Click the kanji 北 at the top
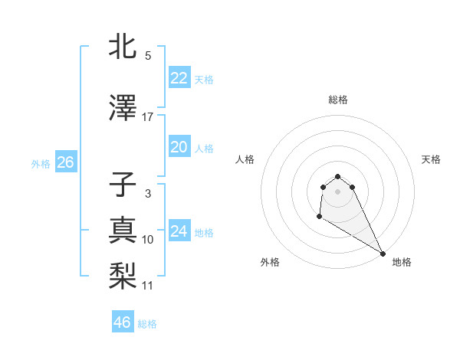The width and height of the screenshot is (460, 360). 123,46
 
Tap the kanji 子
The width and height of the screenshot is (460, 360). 123,186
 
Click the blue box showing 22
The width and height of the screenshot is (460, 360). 179,78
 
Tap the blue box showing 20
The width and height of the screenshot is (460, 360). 179,147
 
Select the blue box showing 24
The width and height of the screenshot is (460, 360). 179,231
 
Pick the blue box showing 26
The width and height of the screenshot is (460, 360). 65,162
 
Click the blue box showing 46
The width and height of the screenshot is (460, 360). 122,322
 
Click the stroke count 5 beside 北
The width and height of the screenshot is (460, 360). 147,55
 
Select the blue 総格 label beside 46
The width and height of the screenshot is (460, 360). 147,324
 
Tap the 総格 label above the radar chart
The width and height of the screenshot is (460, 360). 337,100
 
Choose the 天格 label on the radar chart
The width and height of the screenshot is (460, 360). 431,159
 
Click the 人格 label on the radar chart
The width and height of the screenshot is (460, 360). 245,159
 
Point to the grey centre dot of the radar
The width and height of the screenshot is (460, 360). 337,191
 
